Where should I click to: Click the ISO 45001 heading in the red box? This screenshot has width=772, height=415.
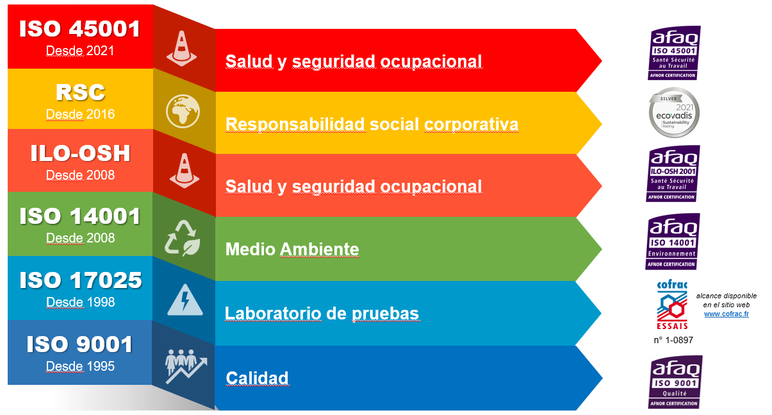79,28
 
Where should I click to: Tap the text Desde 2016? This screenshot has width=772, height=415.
80,114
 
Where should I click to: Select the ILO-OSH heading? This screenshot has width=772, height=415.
80,153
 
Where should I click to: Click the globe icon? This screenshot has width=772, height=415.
183,111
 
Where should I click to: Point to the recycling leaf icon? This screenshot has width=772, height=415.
183,238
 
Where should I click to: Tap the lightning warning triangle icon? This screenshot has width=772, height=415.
185,300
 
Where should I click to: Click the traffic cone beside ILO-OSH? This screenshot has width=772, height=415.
185,171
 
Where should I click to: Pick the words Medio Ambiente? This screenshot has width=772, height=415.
292,249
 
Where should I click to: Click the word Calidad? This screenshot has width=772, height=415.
257,378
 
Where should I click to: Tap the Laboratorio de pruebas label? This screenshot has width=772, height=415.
322,314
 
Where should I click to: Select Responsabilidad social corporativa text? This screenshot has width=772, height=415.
372,124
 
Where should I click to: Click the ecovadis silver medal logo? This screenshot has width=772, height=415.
674,112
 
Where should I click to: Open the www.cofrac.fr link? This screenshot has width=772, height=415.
726,314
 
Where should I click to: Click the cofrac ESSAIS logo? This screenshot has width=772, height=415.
672,305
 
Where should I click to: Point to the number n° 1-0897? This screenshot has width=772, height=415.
673,340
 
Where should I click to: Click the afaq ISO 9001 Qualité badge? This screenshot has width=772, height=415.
675,382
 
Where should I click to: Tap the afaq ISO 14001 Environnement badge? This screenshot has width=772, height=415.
673,241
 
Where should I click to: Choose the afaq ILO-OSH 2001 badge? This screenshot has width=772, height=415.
673,174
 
